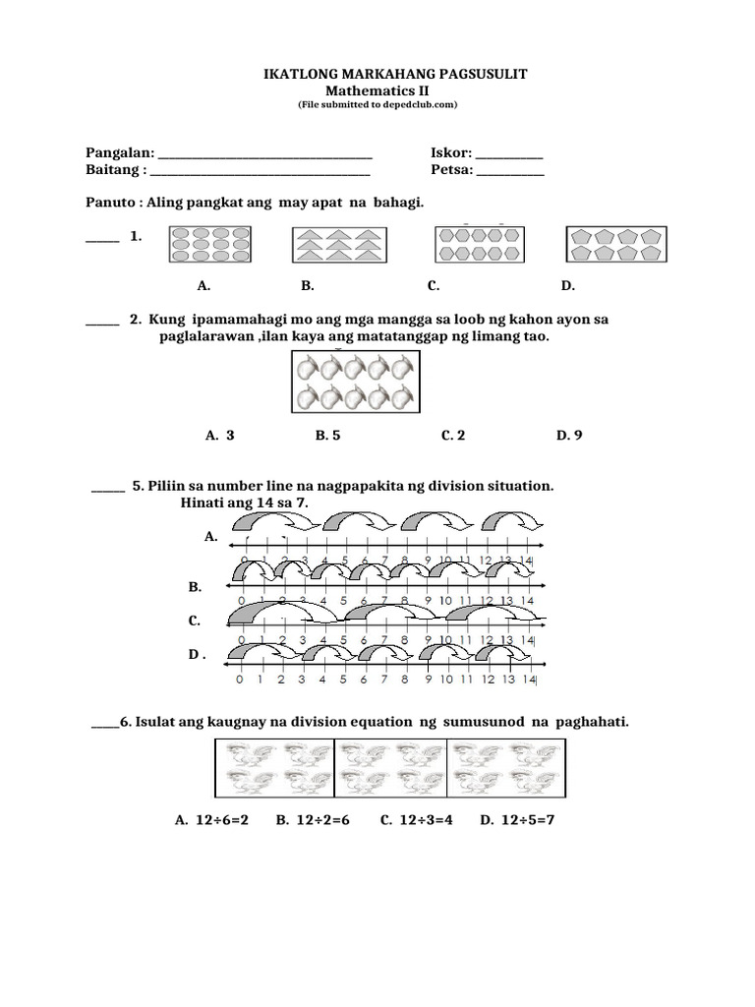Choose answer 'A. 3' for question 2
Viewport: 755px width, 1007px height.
click(219, 435)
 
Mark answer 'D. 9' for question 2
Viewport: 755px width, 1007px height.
click(569, 435)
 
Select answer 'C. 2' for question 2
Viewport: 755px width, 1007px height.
click(452, 435)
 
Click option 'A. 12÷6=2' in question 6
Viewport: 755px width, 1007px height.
click(210, 819)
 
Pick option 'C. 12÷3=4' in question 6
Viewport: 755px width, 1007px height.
click(416, 819)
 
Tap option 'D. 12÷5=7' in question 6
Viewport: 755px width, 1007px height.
click(518, 819)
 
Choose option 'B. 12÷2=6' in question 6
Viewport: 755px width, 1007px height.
click(313, 819)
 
